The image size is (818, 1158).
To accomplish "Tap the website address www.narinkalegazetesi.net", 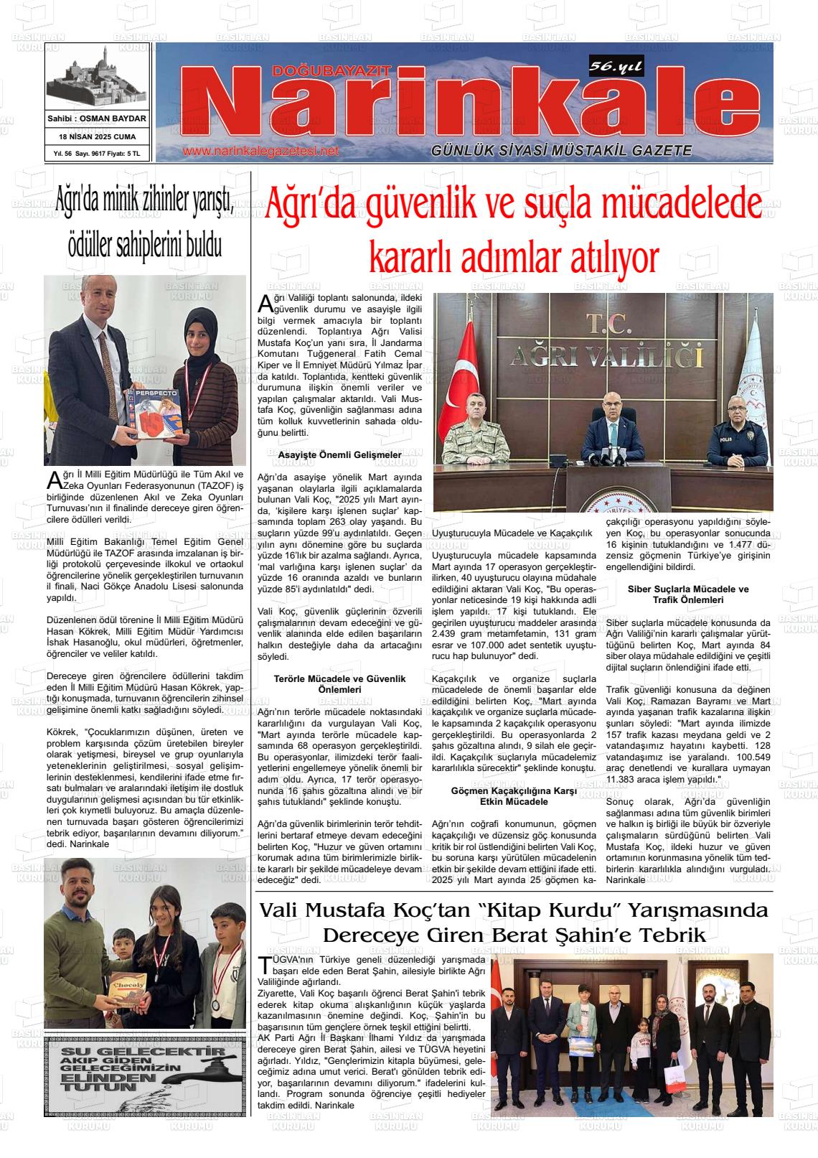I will coord(260,151).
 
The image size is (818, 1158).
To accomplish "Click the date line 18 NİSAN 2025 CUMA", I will coord(97,136).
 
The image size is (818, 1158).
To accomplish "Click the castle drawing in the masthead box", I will coord(97,79).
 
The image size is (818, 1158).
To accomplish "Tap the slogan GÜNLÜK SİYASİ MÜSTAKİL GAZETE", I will coord(561,151).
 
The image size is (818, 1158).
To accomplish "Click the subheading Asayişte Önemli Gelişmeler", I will coord(339,455).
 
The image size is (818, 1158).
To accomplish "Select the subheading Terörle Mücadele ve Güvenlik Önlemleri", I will coord(339,683).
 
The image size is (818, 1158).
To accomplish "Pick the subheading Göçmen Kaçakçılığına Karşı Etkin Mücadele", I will coord(514,795).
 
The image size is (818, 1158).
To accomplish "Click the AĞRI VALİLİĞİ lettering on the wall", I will coord(603,355).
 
